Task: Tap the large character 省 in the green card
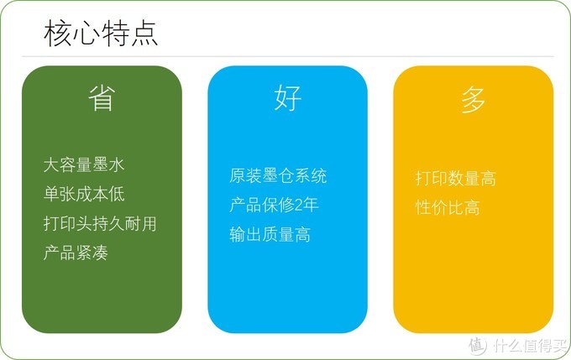101,99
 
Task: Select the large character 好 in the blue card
287,99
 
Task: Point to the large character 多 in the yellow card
473,101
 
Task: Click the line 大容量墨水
84,165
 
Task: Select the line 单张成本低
84,195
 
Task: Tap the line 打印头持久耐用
100,223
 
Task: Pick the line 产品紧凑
76,252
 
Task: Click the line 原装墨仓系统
278,176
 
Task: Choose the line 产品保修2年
274,205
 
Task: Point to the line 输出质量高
270,234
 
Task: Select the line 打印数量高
455,178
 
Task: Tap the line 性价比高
448,207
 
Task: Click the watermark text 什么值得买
529,345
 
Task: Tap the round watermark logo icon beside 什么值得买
477,344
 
